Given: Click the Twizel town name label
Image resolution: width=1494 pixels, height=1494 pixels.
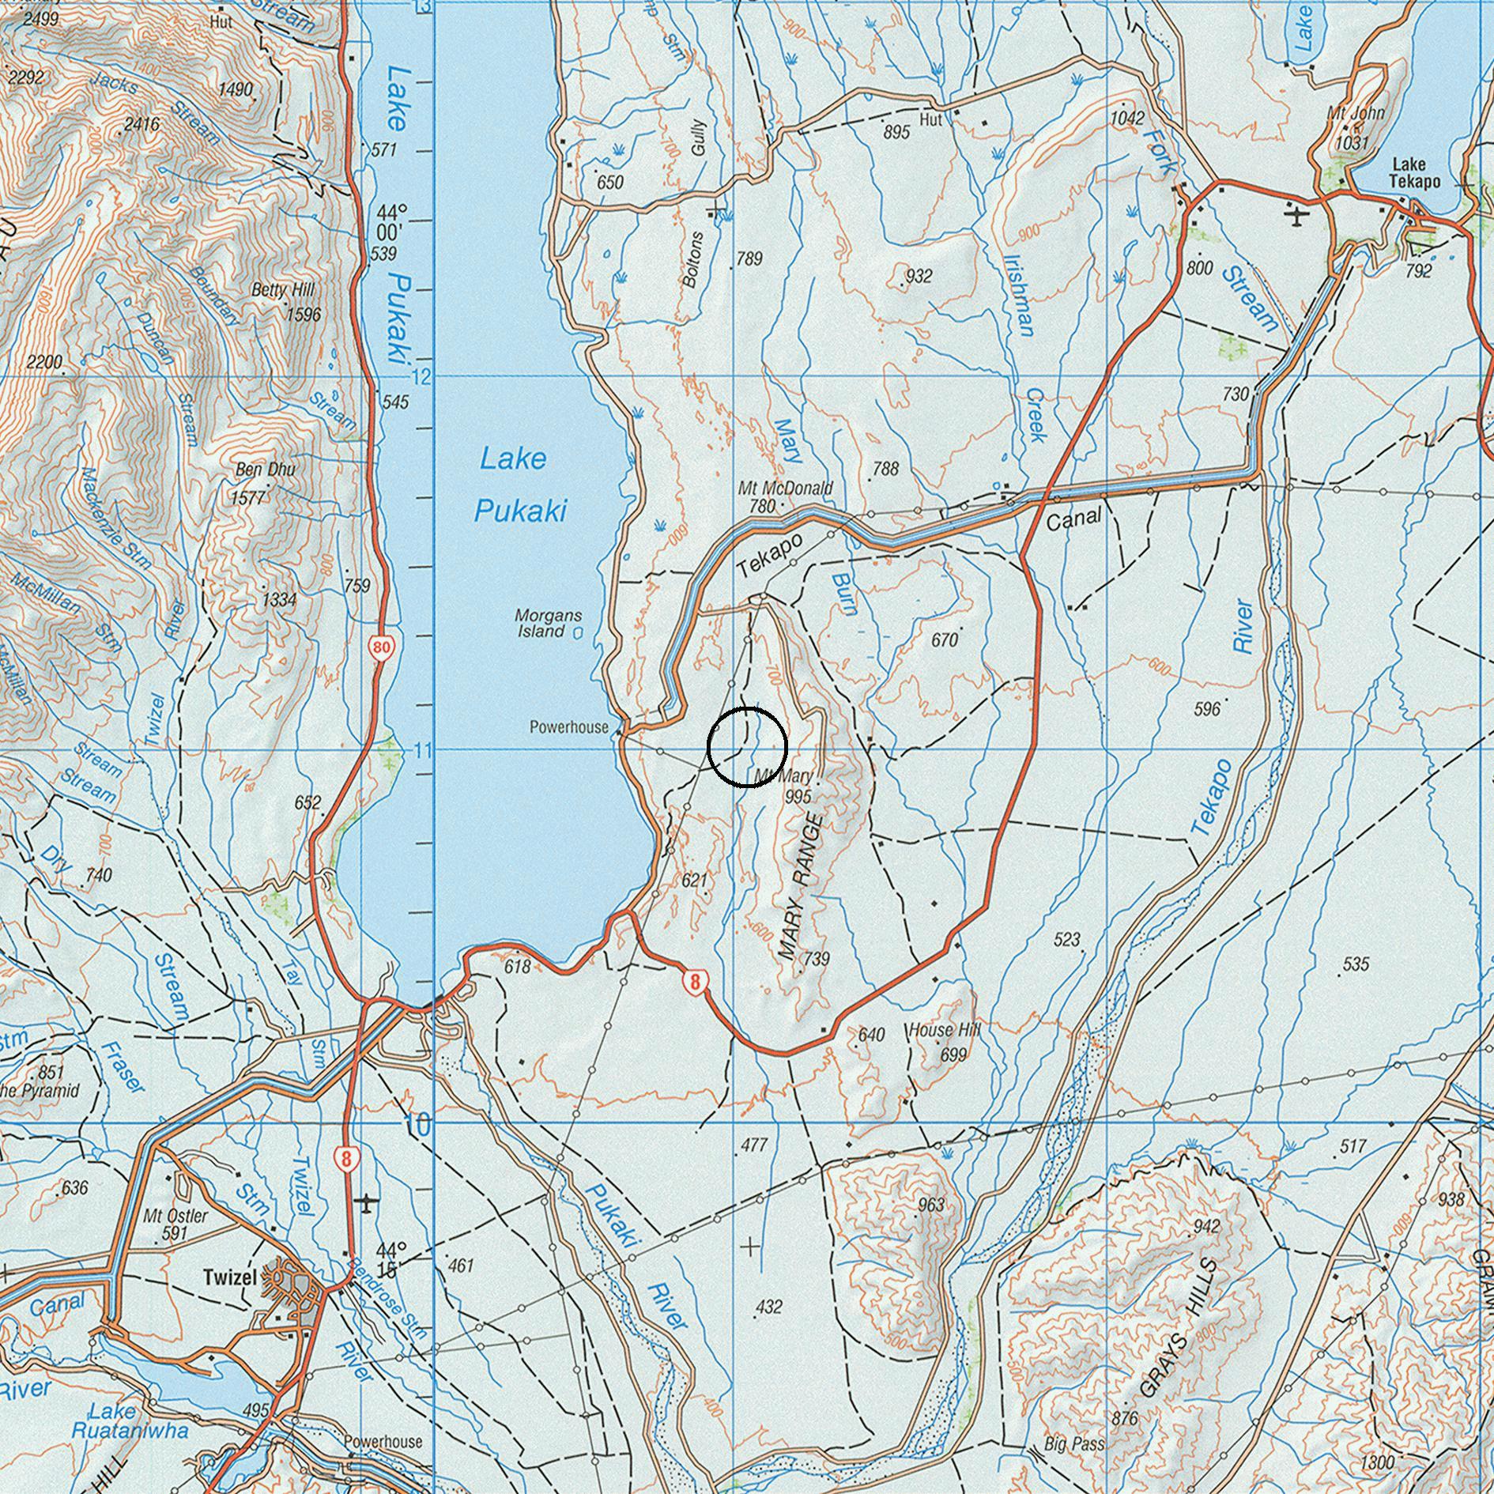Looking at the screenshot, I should (229, 1277).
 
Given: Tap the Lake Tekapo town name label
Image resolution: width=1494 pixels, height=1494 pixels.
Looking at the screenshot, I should (1416, 172).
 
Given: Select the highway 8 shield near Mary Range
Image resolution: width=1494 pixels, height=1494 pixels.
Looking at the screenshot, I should (695, 983).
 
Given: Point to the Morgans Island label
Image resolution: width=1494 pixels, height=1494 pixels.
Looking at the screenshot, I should (549, 623).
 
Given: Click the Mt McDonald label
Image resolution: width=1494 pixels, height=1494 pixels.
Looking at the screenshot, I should (785, 488).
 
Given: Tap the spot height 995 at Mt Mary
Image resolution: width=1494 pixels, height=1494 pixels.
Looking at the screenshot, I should (798, 797).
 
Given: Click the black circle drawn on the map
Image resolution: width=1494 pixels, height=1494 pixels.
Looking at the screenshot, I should (747, 747).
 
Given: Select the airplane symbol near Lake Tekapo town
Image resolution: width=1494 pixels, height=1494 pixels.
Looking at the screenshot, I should (1296, 214).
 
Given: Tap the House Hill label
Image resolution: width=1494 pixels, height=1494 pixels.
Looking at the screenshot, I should (944, 1030).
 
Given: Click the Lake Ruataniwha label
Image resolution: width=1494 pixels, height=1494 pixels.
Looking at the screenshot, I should (130, 1420).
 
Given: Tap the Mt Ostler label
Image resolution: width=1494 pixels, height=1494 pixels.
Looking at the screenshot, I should (175, 1216).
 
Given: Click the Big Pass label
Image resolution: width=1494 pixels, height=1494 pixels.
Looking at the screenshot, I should (1074, 1444).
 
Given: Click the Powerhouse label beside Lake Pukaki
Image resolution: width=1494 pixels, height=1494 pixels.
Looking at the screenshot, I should (569, 726).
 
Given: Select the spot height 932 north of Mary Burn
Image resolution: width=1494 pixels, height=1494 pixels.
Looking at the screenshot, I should (919, 276).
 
